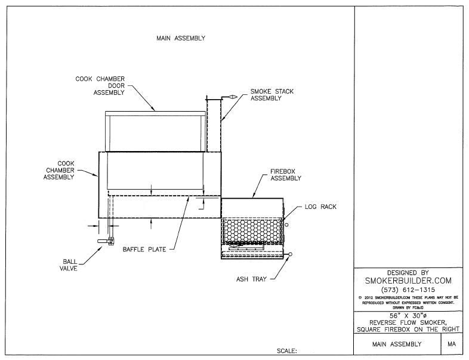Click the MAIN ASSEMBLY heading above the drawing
pyautogui.click(x=181, y=38)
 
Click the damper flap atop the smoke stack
pyautogui.click(x=228, y=97)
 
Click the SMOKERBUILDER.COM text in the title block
pyautogui.click(x=408, y=280)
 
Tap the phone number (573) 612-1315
pyautogui.click(x=408, y=289)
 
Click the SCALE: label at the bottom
pyautogui.click(x=288, y=352)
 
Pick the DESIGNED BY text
pyautogui.click(x=408, y=272)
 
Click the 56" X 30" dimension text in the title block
pyautogui.click(x=408, y=315)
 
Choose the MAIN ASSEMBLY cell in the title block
pyautogui.click(x=397, y=344)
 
